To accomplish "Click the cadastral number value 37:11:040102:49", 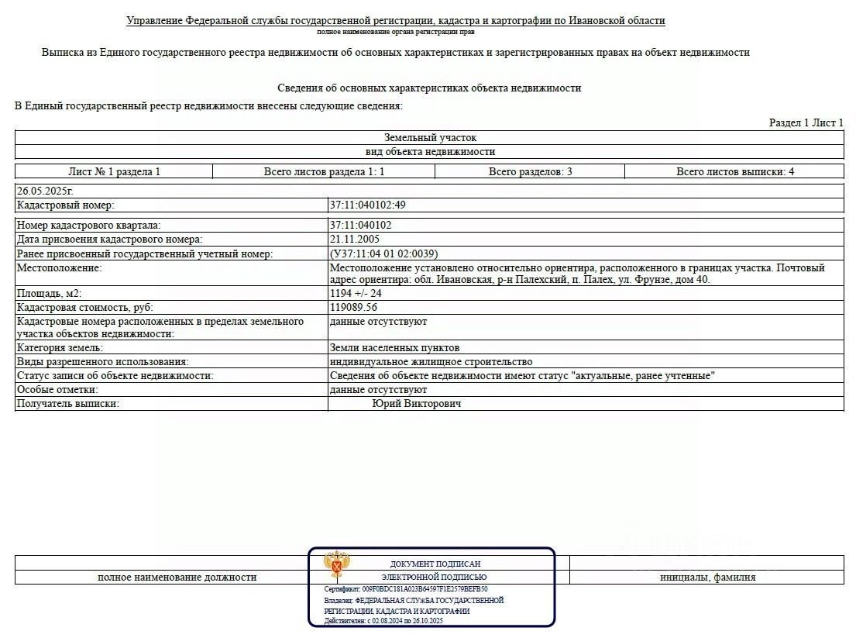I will tap(367, 205).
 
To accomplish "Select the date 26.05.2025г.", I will tap(45, 191).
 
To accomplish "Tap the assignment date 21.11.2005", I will tap(356, 240).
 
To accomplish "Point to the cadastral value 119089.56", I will tap(353, 308).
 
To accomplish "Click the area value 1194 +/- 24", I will tap(356, 294).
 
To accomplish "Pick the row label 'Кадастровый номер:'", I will tap(65, 205).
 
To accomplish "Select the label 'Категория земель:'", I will tap(60, 348).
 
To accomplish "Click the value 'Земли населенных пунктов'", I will tap(394, 348).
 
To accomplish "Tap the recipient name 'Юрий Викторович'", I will tap(417, 404).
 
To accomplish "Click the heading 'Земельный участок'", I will tap(430, 138).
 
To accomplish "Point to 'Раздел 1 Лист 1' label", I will tap(806, 122).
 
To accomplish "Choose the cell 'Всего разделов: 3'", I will tap(530, 171).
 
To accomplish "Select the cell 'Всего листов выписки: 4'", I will tap(734, 171).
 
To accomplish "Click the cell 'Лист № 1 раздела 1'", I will tap(114, 171).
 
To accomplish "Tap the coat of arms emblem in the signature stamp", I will tap(336, 565).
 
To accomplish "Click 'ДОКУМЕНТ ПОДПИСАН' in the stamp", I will tap(435, 564).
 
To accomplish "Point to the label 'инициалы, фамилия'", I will tap(707, 578).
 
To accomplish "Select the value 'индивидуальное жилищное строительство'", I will tap(431, 362).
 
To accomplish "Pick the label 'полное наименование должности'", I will tap(177, 578).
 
